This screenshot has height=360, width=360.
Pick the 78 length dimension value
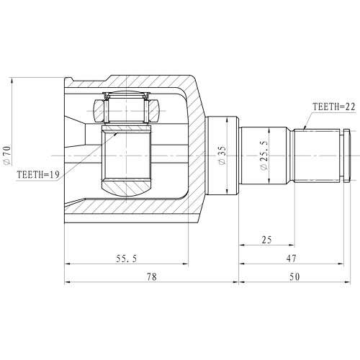tap(151, 276)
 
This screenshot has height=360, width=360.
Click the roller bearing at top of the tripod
tap(127, 109)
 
